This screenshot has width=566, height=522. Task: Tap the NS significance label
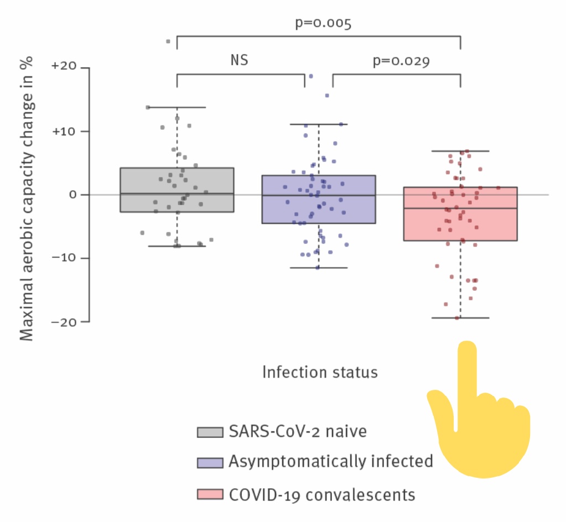pos(239,60)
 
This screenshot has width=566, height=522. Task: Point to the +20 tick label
pos(63,67)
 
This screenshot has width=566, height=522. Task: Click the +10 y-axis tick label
pos(63,131)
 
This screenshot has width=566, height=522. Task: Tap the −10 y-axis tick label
pos(63,258)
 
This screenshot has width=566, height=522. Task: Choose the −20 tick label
pos(63,321)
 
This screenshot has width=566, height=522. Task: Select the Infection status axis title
pos(320,372)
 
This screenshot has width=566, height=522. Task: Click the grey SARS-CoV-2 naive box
pos(177,190)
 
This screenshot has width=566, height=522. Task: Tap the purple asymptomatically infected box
pos(319,199)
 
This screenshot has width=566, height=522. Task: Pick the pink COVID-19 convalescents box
pos(460,213)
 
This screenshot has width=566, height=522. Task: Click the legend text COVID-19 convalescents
pos(322,493)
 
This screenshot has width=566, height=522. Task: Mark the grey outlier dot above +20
pos(168,41)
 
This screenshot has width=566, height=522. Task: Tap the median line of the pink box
pos(460,208)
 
